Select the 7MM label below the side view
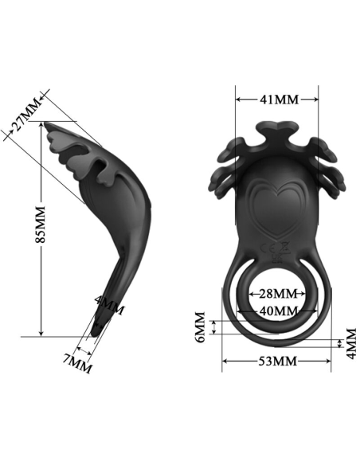click(x=77, y=365)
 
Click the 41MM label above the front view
click(x=279, y=100)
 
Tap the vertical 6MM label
click(x=202, y=327)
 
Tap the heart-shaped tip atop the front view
click(x=277, y=128)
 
